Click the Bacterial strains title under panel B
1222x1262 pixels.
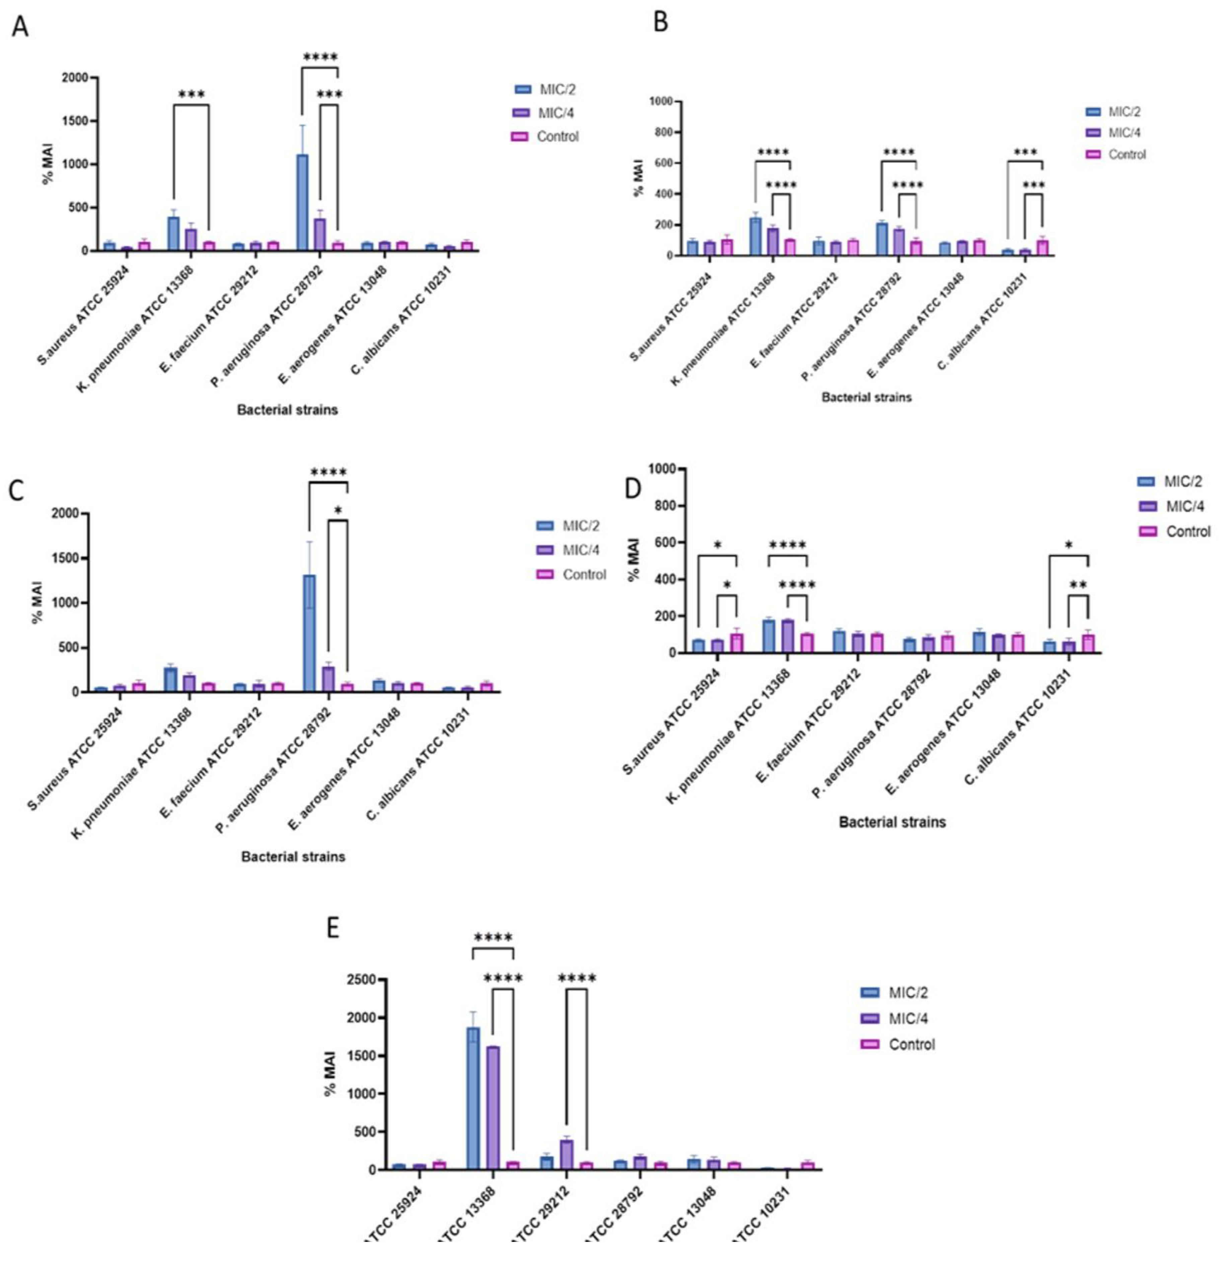[866, 397]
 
